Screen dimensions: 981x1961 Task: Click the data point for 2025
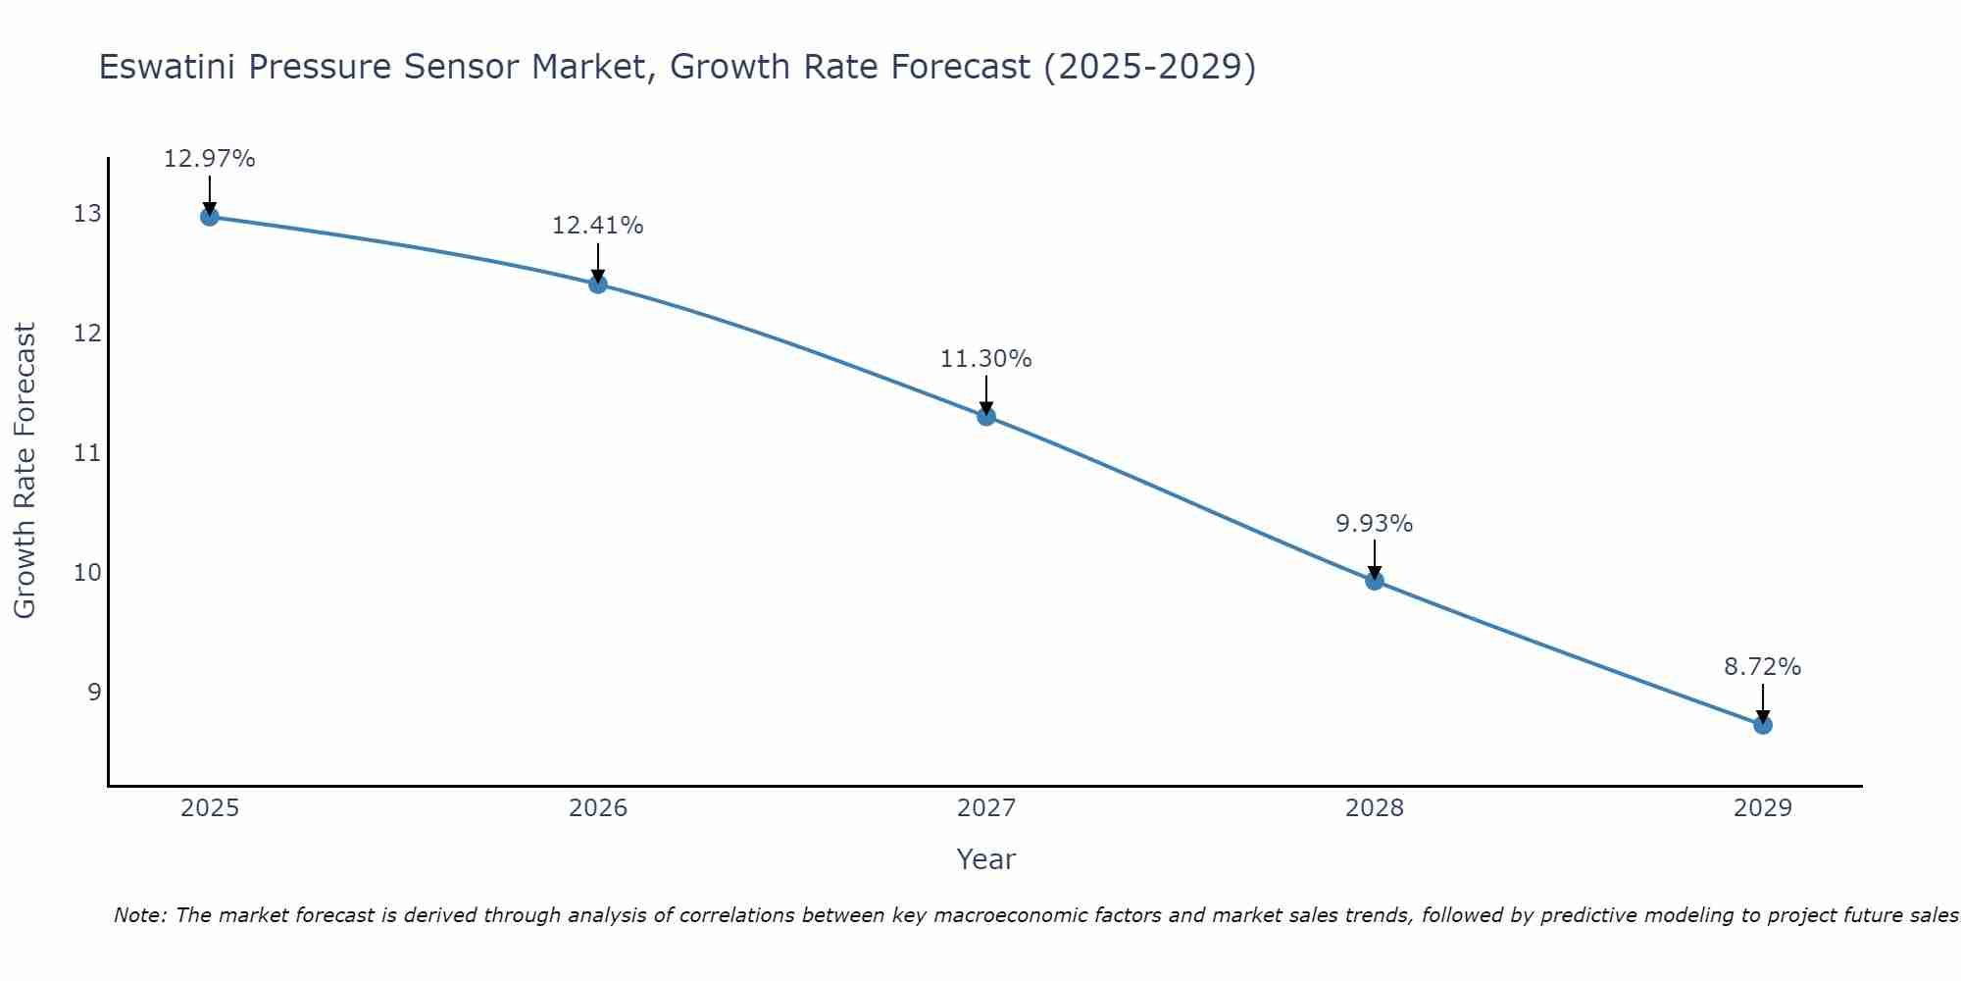coord(209,216)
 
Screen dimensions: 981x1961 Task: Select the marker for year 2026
coord(598,284)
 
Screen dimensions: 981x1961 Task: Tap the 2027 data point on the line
coord(986,416)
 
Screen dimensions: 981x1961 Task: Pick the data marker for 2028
coord(1375,581)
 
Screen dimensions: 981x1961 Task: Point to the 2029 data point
coord(1763,725)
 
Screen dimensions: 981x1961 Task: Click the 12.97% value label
coord(209,159)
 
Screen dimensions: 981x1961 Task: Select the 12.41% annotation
coord(597,226)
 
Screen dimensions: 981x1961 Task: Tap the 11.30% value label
coord(985,359)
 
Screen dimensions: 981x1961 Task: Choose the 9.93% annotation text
coord(1374,524)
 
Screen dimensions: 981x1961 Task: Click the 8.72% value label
coord(1762,667)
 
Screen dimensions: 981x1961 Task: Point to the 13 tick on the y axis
coord(87,213)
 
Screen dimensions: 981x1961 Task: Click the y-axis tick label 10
coord(87,572)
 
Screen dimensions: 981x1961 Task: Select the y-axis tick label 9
coord(94,692)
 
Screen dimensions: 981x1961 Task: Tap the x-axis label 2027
coord(986,808)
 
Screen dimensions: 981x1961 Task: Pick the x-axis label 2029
coord(1763,808)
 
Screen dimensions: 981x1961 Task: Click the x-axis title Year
coord(985,859)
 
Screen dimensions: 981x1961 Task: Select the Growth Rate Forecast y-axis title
coord(25,470)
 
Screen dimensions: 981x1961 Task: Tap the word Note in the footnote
coord(138,915)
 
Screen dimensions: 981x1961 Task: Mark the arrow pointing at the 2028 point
coord(1375,558)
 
